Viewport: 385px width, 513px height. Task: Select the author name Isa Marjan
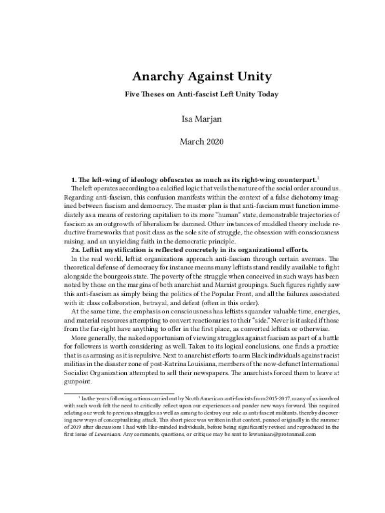tap(192, 119)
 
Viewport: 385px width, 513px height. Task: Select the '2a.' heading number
tap(76, 249)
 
